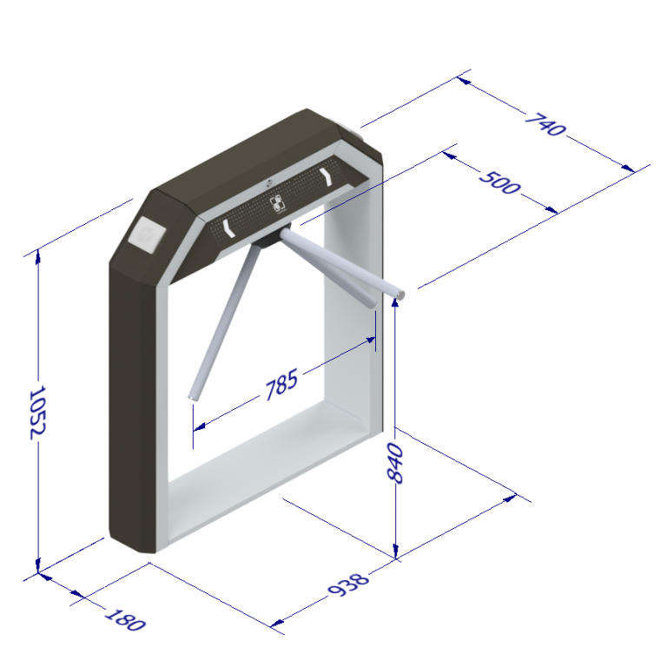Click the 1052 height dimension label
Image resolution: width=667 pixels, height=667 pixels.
point(37,413)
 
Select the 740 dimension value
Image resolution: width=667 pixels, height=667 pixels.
point(545,124)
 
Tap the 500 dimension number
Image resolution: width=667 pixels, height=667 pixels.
point(499,183)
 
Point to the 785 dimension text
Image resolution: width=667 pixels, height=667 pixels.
point(281,385)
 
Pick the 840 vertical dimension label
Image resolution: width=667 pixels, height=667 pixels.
point(396,463)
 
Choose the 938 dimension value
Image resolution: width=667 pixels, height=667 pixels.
point(348,584)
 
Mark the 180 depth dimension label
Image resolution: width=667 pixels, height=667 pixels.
point(125,619)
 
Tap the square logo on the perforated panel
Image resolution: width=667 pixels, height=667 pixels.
point(279,202)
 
